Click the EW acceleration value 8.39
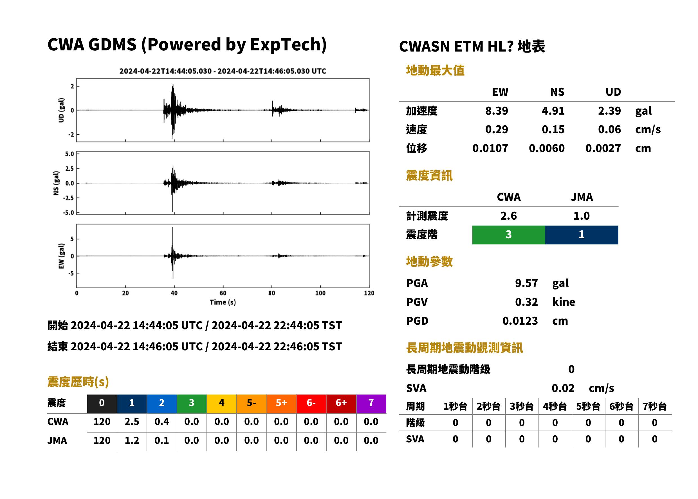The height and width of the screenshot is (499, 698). pyautogui.click(x=496, y=111)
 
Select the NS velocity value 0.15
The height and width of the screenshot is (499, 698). pyautogui.click(x=553, y=129)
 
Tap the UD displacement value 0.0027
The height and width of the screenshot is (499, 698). pyautogui.click(x=603, y=148)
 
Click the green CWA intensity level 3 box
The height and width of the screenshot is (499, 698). pyautogui.click(x=509, y=235)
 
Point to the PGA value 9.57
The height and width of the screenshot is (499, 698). pyautogui.click(x=526, y=283)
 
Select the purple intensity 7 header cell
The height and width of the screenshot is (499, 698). pyautogui.click(x=371, y=404)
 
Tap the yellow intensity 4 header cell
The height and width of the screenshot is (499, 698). pyautogui.click(x=222, y=404)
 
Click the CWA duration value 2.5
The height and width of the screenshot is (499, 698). pyautogui.click(x=132, y=422)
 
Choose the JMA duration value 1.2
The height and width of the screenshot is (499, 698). pyautogui.click(x=132, y=440)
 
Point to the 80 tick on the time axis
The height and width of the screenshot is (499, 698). pyautogui.click(x=272, y=293)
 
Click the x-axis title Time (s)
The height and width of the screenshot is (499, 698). pyautogui.click(x=223, y=302)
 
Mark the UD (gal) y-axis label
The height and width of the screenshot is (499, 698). pyautogui.click(x=61, y=110)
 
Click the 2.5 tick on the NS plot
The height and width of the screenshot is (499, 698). pyautogui.click(x=69, y=168)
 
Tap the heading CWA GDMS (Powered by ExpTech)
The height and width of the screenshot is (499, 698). pyautogui.click(x=187, y=45)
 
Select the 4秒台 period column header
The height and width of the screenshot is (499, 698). pyautogui.click(x=555, y=407)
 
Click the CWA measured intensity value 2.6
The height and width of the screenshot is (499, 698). pyautogui.click(x=509, y=216)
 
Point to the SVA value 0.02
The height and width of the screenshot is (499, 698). pyautogui.click(x=563, y=388)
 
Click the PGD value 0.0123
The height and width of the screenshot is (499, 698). pyautogui.click(x=520, y=321)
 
